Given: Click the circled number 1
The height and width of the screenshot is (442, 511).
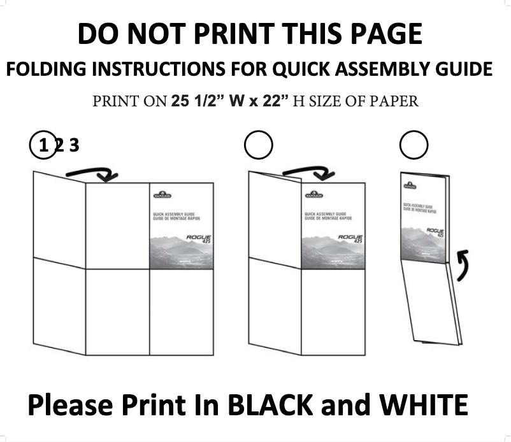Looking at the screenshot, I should click(x=43, y=146).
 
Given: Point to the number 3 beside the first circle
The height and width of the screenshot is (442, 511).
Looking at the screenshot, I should click(x=74, y=146).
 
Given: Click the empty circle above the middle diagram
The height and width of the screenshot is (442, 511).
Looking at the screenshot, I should click(x=258, y=146).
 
